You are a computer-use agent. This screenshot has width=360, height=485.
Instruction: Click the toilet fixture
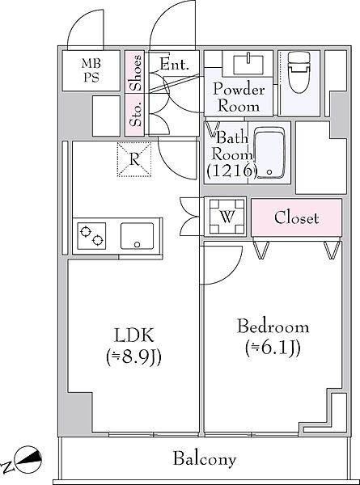(x=299, y=72)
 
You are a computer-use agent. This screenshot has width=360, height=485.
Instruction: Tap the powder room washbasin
(x=248, y=65)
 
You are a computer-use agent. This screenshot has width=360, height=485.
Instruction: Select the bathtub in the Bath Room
(x=269, y=153)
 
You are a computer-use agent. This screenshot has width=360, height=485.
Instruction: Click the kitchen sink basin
(x=137, y=236)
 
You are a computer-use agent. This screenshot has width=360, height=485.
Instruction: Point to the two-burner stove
(x=91, y=236)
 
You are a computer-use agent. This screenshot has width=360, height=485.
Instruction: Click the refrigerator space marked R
(x=134, y=159)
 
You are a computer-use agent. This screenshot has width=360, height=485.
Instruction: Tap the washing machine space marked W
(x=227, y=217)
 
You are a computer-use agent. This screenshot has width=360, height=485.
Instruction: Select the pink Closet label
(x=296, y=217)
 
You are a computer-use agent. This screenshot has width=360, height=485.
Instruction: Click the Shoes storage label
(x=136, y=73)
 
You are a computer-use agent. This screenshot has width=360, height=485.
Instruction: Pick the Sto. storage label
(x=136, y=115)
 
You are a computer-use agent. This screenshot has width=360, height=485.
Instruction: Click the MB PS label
(x=91, y=70)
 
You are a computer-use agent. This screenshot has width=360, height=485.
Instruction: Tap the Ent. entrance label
(x=174, y=65)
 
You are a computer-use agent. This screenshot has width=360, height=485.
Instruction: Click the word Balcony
(x=205, y=459)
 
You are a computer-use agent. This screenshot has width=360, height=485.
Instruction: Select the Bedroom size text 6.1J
(x=273, y=348)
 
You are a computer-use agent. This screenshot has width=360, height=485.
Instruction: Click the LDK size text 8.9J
(x=133, y=358)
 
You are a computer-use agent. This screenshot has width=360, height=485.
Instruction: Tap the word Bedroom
(x=273, y=327)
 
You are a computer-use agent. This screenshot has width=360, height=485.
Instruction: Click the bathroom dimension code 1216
(x=232, y=171)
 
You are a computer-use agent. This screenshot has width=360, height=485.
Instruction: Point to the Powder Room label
(x=239, y=98)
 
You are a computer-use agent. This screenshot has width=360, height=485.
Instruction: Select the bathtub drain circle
(x=269, y=171)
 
